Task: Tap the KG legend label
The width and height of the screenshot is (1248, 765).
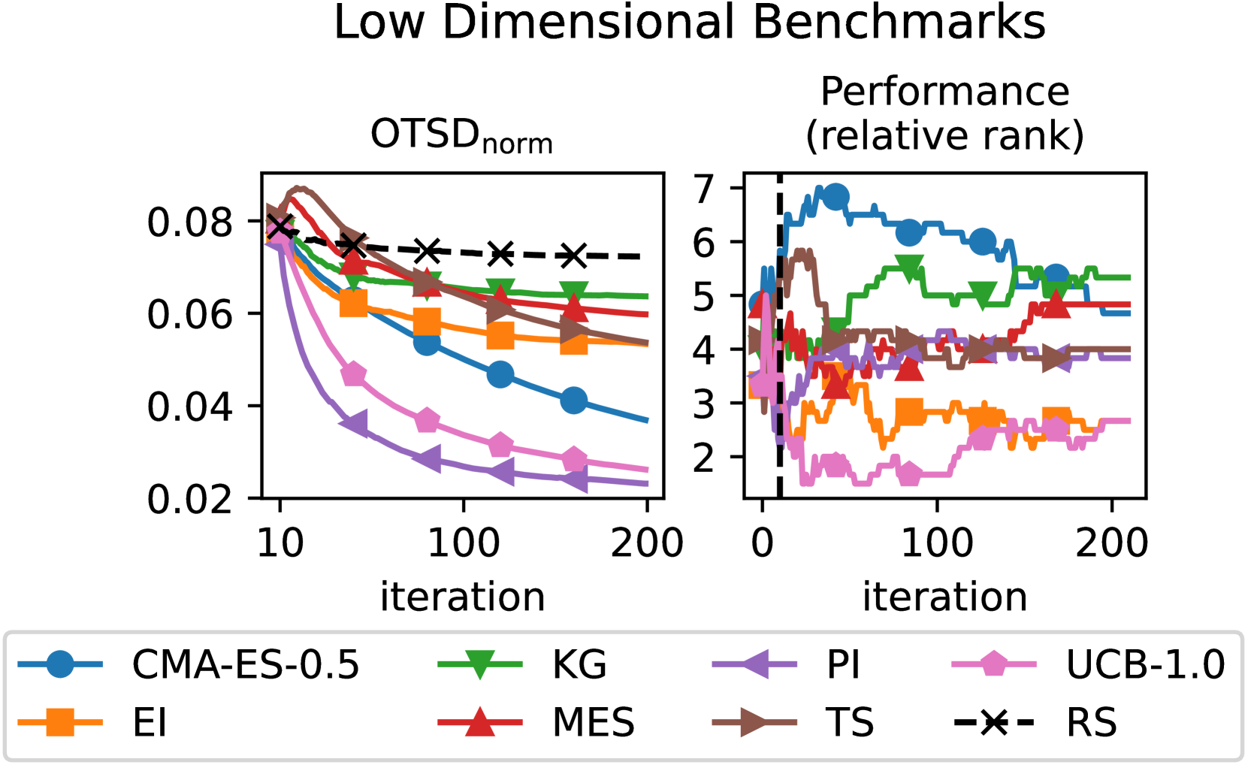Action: pyautogui.click(x=579, y=664)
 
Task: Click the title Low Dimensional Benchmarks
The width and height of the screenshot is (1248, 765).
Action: pyautogui.click(x=689, y=23)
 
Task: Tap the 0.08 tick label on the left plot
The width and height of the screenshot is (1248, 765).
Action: pyautogui.click(x=190, y=222)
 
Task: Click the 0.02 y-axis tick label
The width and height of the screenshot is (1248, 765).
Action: pyautogui.click(x=190, y=499)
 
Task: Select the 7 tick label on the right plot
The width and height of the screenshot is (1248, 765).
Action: pyautogui.click(x=704, y=189)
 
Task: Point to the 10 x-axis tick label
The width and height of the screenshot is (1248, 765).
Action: pyautogui.click(x=280, y=543)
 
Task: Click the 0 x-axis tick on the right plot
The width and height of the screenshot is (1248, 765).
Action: pyautogui.click(x=762, y=543)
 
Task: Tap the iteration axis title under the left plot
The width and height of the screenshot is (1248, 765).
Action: pyautogui.click(x=462, y=597)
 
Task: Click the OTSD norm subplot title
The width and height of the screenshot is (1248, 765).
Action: pyautogui.click(x=462, y=136)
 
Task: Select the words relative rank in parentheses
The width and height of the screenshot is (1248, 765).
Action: pyautogui.click(x=944, y=136)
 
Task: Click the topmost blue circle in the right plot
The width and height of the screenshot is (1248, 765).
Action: pyautogui.click(x=836, y=198)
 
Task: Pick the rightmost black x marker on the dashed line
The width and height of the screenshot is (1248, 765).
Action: pyautogui.click(x=573, y=256)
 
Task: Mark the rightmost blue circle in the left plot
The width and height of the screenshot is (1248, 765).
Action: pyautogui.click(x=573, y=401)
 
